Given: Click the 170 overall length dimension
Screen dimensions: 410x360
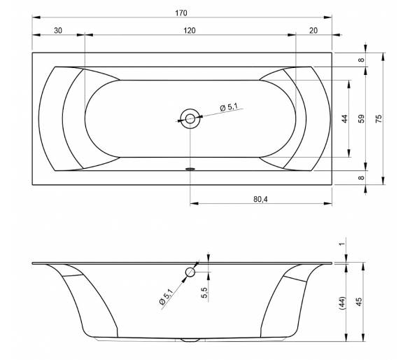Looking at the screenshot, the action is (x=181, y=13).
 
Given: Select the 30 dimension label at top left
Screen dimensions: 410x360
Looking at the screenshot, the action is (x=58, y=31).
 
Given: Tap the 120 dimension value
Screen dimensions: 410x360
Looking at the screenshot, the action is (x=190, y=31).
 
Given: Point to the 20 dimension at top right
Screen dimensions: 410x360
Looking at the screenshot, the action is (x=313, y=31).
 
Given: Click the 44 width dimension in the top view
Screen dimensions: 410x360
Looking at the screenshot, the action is (x=345, y=118).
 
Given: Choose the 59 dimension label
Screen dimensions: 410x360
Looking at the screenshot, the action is (x=361, y=118).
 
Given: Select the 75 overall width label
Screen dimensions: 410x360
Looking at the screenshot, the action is (x=379, y=118).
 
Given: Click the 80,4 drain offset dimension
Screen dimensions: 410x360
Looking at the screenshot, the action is (x=260, y=199).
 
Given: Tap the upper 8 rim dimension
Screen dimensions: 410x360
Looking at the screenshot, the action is (x=361, y=60).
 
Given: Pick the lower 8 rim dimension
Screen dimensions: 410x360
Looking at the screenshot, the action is (x=361, y=178).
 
